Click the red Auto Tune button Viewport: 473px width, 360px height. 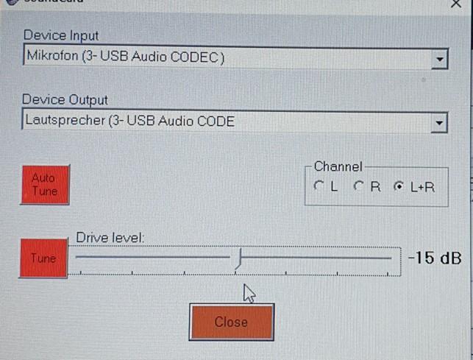pos(44,184)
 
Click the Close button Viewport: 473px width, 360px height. pos(231,322)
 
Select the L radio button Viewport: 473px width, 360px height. pos(319,187)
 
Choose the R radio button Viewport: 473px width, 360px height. pos(360,187)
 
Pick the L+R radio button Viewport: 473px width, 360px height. pos(400,187)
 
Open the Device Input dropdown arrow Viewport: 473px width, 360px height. pos(439,58)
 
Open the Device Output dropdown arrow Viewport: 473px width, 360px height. pos(439,123)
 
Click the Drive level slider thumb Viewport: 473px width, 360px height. pos(239,258)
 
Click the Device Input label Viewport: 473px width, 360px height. pos(61,35)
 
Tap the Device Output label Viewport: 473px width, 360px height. pos(65,99)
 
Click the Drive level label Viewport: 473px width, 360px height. pos(110,237)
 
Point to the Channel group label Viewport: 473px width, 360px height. pos(338,167)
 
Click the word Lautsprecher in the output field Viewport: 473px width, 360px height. pos(65,121)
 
